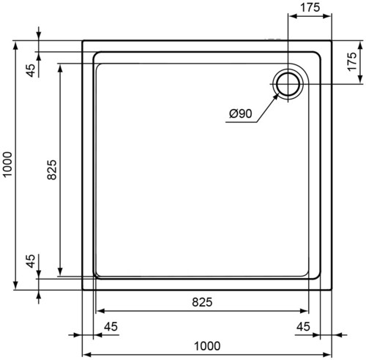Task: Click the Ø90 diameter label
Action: coord(240,113)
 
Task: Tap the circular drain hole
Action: coord(288,84)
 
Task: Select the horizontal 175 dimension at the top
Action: coord(310,7)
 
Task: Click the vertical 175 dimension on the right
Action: coord(352,61)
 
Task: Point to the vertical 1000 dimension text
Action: coord(7,165)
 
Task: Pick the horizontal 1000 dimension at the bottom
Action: coord(207,345)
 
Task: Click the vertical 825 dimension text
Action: coord(52,170)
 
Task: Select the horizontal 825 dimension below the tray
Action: coord(202,302)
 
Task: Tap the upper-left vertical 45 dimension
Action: coord(31,70)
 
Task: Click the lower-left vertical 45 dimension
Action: coord(31,260)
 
